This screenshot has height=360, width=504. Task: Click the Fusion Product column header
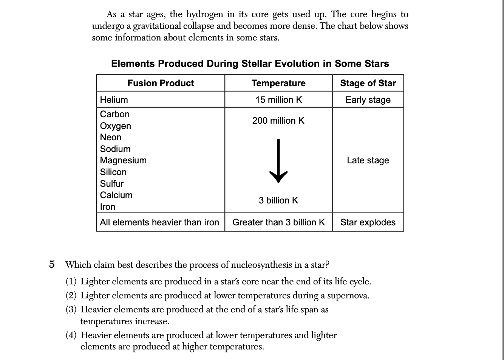[161, 83]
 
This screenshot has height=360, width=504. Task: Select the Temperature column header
[278, 83]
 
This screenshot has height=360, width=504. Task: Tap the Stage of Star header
[368, 83]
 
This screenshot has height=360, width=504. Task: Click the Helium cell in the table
[114, 100]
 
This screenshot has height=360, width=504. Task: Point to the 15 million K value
[278, 100]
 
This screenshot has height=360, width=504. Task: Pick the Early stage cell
[368, 100]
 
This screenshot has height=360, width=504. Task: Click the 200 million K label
[278, 121]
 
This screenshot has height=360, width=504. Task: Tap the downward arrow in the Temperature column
[278, 161]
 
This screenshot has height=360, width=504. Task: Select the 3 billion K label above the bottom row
[278, 200]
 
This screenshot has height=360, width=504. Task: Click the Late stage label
[368, 160]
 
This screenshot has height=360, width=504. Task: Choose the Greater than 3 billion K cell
[278, 222]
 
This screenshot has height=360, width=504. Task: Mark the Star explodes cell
[368, 222]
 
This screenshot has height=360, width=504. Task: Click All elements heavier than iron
[159, 222]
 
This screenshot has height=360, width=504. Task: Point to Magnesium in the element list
[123, 160]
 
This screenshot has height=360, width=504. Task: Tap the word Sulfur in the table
[112, 184]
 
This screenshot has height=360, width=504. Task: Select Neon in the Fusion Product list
[111, 137]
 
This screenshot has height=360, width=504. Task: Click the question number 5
[52, 264]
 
